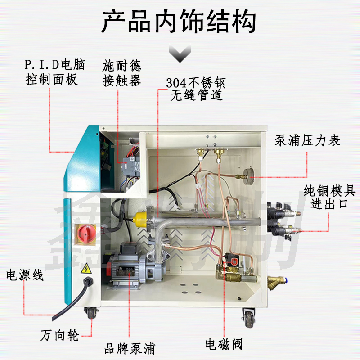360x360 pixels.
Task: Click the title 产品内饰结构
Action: coord(179,22)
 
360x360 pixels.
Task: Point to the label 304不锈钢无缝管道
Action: coord(196,89)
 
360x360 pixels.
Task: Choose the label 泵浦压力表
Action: coord(307,141)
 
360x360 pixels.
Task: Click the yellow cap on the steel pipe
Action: coord(139,219)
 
